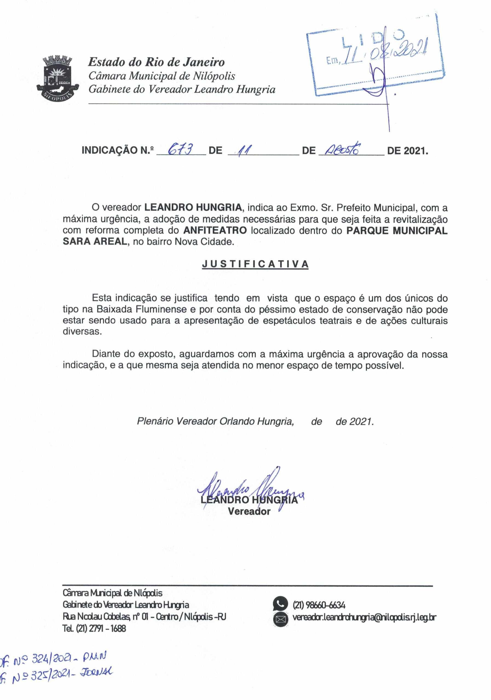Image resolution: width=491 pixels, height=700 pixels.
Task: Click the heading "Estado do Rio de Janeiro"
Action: tap(156, 62)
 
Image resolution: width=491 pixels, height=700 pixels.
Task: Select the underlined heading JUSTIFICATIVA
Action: tap(255, 264)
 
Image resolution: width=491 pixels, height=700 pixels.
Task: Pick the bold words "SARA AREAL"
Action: tap(94, 241)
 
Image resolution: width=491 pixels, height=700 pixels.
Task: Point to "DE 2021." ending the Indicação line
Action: tap(407, 151)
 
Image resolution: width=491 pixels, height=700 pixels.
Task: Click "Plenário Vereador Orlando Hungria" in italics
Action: tap(215, 421)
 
